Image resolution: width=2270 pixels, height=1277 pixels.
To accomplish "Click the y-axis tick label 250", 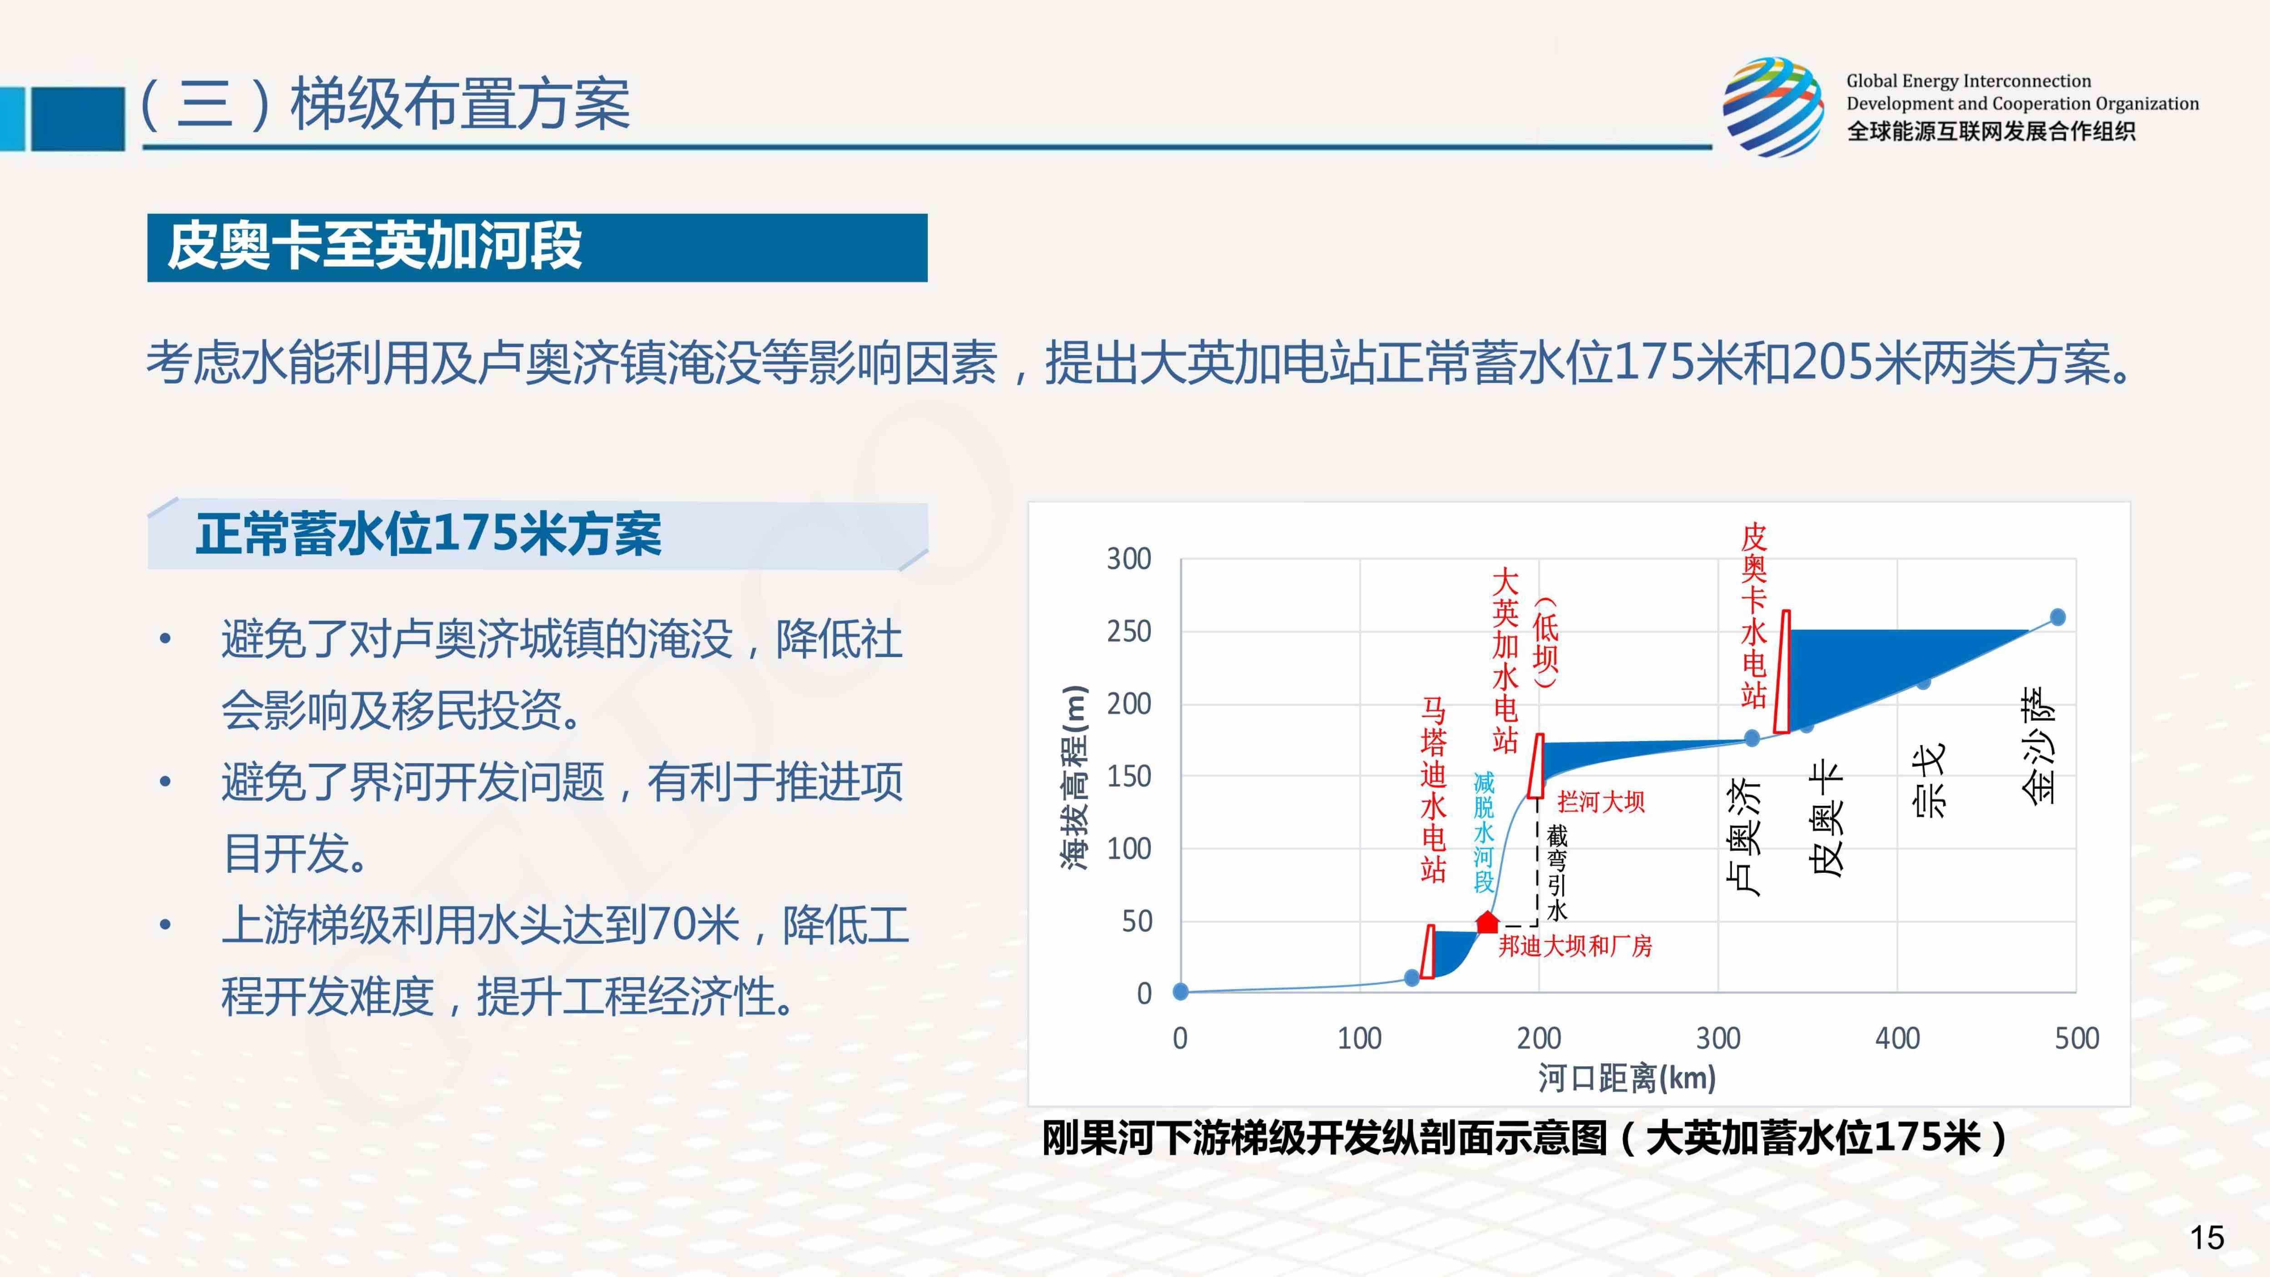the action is point(1129,632).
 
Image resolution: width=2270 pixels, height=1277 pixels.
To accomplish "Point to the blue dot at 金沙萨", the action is point(2058,617).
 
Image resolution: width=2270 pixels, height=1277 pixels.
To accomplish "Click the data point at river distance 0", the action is point(1181,991).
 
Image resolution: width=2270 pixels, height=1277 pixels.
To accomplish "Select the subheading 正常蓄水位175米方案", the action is point(428,534).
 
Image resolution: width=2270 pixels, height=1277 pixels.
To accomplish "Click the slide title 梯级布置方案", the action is point(460,104).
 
